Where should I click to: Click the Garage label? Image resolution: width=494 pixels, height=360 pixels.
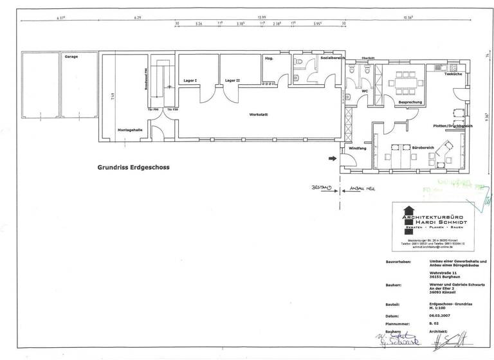click(x=71, y=57)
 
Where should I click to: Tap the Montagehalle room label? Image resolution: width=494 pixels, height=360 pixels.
click(x=130, y=130)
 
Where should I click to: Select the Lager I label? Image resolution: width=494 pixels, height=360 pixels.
click(x=190, y=80)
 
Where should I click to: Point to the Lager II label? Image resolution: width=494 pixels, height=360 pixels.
click(x=232, y=80)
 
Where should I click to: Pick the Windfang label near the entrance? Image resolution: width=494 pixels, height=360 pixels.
click(x=357, y=148)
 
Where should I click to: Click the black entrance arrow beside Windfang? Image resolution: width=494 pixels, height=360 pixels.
click(x=333, y=157)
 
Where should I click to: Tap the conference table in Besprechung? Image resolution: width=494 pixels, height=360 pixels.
click(x=406, y=82)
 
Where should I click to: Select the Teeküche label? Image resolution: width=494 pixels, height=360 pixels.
click(x=453, y=75)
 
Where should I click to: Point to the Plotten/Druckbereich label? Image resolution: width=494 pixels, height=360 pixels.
click(x=453, y=126)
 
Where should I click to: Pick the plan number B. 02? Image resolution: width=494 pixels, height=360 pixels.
click(x=434, y=325)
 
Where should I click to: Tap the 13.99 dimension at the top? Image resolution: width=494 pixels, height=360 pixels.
click(x=262, y=17)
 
